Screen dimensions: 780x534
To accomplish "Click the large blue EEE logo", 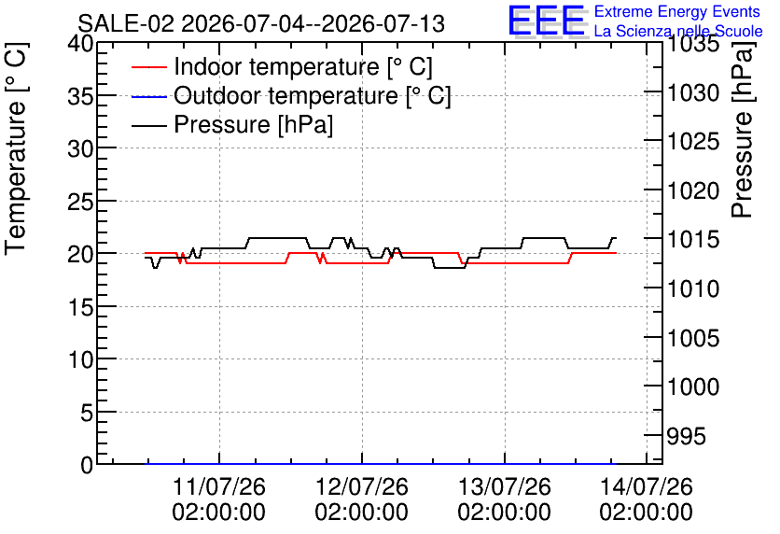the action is [546, 21].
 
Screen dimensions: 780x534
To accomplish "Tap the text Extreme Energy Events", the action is [677, 11].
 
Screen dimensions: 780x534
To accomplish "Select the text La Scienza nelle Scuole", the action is [678, 31].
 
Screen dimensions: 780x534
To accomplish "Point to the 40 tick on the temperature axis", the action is [80, 44].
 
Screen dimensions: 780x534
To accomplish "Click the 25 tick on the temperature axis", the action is [80, 201].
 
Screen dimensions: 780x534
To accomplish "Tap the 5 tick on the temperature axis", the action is [87, 412].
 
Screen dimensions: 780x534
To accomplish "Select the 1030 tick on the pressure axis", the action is [693, 93].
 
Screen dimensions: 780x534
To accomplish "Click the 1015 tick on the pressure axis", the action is [693, 239].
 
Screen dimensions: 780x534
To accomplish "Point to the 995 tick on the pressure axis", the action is [687, 437].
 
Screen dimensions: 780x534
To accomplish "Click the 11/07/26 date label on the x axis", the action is [219, 499].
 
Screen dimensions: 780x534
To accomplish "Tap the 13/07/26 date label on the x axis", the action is [505, 499].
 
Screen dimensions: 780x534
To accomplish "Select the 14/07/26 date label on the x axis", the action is [647, 499].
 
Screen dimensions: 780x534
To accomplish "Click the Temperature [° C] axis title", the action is [16, 149].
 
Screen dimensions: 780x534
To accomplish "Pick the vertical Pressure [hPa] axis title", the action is [742, 130].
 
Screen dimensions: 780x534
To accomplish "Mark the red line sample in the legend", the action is [148, 67].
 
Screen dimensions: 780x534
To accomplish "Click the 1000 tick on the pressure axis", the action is [693, 386].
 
